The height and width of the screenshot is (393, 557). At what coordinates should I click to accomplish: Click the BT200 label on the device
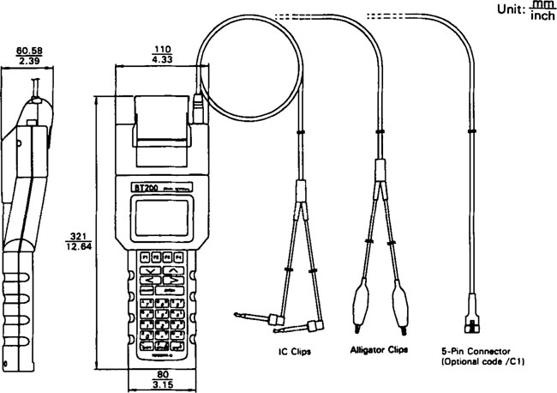(x=142, y=186)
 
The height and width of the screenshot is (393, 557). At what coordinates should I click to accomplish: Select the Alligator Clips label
(x=380, y=350)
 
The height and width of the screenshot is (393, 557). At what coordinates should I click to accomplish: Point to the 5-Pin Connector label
(x=477, y=350)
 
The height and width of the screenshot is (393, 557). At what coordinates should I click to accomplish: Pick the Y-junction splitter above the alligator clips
(x=380, y=172)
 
